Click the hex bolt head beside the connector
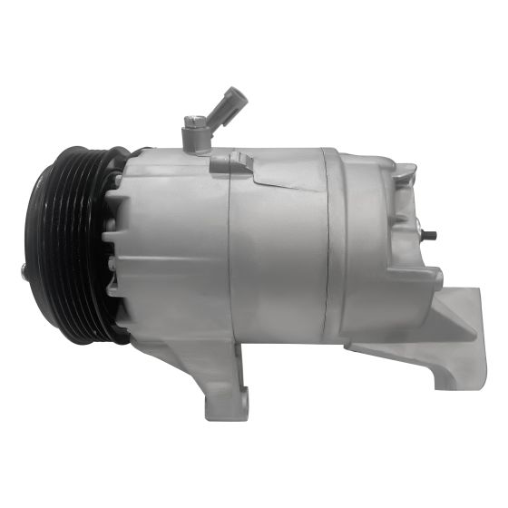[x=191, y=122]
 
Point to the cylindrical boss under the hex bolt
[x=194, y=141]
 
